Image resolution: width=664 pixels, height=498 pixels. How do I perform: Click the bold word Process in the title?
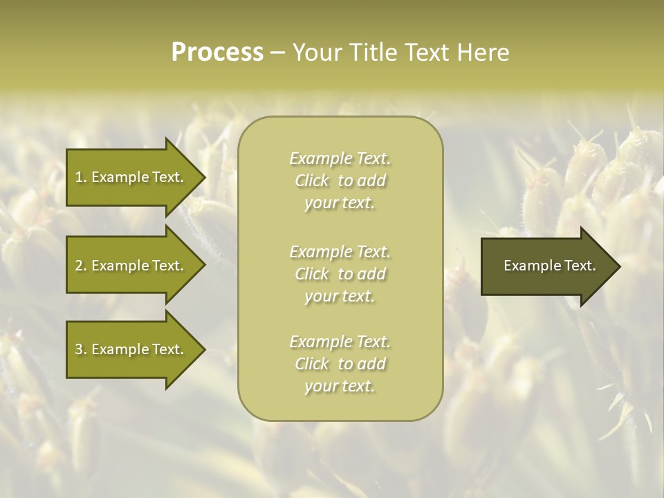[217, 53]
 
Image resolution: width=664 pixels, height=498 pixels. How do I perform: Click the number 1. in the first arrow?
[81, 177]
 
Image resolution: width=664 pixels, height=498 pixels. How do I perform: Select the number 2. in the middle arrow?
[81, 266]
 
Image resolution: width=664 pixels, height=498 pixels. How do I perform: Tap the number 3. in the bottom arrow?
[81, 349]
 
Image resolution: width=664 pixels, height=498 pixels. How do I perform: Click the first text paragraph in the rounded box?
[340, 181]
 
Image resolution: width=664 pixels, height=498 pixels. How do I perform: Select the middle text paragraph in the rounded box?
[340, 274]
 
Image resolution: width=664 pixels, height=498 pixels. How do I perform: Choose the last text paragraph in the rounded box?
[340, 364]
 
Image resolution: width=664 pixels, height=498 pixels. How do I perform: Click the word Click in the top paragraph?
[312, 181]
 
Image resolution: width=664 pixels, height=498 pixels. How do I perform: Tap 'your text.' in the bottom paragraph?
[340, 387]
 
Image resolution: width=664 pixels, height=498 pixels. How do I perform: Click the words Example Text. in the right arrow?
[549, 266]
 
